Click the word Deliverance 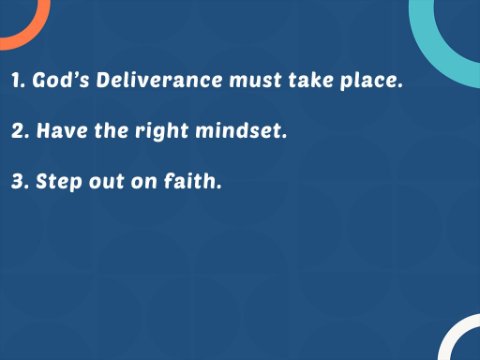[159, 80]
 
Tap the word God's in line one [61, 80]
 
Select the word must [256, 80]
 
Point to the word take [311, 80]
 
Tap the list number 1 [18, 80]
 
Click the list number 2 [20, 131]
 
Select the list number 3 [20, 181]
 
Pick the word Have [62, 130]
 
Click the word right [162, 131]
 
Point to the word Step [59, 182]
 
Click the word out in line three [106, 182]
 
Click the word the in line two [111, 130]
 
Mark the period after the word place [400, 86]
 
